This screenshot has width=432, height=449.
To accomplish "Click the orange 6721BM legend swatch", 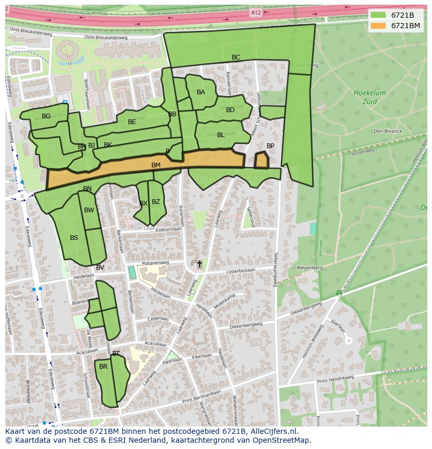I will click(x=378, y=25).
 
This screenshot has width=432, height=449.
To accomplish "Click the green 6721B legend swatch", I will click(x=378, y=15).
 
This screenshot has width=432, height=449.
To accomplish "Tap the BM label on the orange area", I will click(x=155, y=165).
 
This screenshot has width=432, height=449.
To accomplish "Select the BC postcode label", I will click(x=236, y=57).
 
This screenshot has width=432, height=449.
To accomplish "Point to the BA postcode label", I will click(x=201, y=92).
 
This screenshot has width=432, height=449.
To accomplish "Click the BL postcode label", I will click(x=221, y=135).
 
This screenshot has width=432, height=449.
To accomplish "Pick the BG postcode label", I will click(x=46, y=116).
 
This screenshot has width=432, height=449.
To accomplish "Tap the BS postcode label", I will click(x=74, y=238).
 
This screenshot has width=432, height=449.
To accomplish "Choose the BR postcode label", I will click(x=103, y=367).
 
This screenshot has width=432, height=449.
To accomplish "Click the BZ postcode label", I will click(x=155, y=202).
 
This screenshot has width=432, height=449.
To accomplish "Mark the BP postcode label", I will click(x=270, y=146).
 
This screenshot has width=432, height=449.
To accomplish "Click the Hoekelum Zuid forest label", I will click(x=369, y=98).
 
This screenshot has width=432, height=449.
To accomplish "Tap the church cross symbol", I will click(x=199, y=264).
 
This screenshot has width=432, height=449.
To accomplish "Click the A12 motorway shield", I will click(x=256, y=13).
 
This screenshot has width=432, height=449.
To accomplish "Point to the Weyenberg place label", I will click(x=310, y=268).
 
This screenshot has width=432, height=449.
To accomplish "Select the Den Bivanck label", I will click(x=388, y=131).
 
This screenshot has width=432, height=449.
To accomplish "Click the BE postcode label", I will click(x=132, y=122).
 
